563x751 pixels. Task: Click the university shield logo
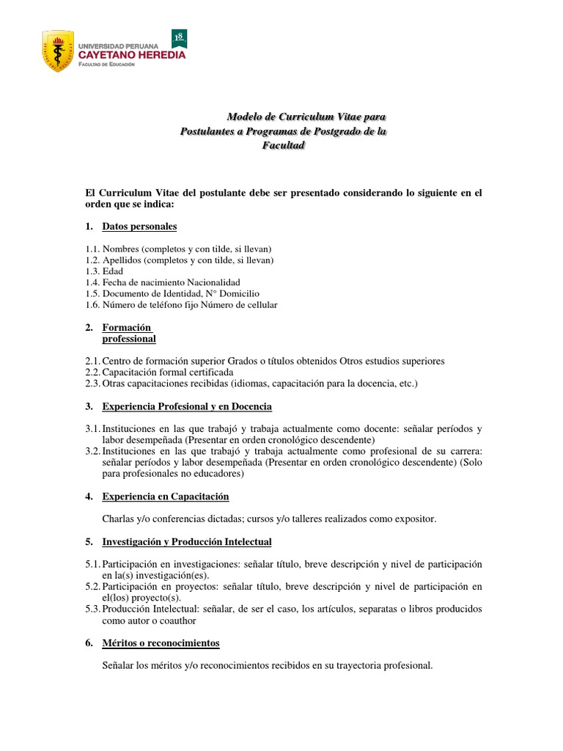pos(58,51)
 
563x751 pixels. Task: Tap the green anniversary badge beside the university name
pos(178,38)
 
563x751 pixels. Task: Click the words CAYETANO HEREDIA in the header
pos(131,54)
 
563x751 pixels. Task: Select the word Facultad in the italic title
pos(283,145)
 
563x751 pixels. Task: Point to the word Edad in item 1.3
pos(113,271)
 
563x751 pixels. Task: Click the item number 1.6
pos(92,304)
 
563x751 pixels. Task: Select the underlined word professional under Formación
pos(129,339)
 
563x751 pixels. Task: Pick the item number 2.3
pos(92,383)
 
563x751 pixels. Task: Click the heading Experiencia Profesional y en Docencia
pos(187,406)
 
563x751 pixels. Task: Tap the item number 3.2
pos(92,451)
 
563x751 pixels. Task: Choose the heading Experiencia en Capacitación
pos(166,497)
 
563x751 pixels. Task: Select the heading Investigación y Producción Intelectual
pos(187,542)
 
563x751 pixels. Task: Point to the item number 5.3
pos(92,609)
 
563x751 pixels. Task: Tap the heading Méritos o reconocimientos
pos(161,643)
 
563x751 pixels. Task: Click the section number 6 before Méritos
pos(89,643)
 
